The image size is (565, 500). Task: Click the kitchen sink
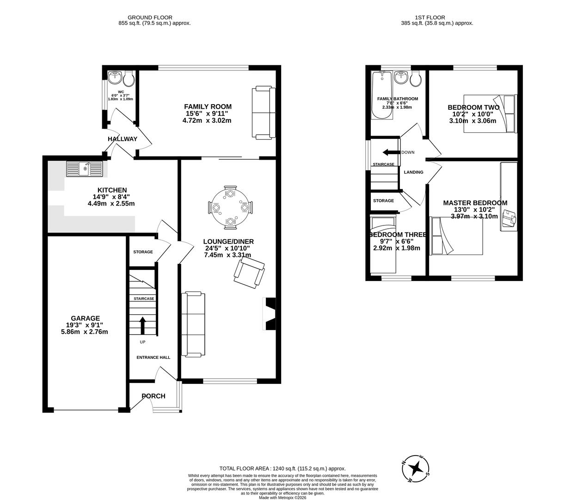click(84, 169)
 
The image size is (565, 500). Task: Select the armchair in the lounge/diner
click(249, 273)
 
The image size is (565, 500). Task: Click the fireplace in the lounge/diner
click(270, 314)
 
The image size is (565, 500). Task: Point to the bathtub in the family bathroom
click(382, 95)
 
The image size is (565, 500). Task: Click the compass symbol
click(416, 468)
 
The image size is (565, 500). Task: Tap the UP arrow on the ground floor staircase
click(142, 325)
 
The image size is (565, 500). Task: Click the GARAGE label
click(85, 318)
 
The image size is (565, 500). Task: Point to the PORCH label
click(153, 396)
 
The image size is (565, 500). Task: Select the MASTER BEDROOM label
click(475, 203)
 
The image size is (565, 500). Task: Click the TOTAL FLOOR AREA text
click(282, 469)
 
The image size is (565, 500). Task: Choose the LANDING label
click(413, 172)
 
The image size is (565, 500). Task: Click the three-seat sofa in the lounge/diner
click(193, 324)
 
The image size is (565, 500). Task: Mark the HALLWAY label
click(123, 139)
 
